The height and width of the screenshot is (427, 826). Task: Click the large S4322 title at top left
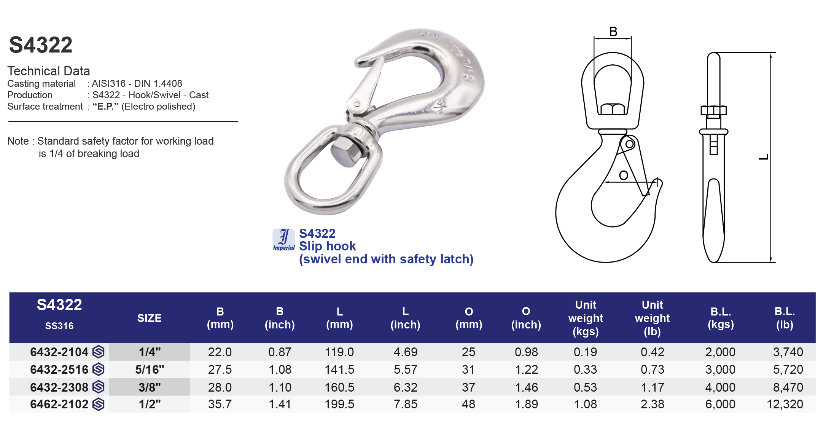click(41, 45)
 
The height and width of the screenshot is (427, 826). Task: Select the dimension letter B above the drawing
click(613, 32)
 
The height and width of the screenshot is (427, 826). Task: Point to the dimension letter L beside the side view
click(764, 157)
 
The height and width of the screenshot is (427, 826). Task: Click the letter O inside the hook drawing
click(624, 175)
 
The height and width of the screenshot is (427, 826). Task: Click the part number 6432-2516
click(59, 370)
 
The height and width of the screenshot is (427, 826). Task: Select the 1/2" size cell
click(150, 404)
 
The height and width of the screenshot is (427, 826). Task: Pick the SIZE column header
click(149, 318)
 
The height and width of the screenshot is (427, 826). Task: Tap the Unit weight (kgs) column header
click(586, 318)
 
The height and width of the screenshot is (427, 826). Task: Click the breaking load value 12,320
click(785, 404)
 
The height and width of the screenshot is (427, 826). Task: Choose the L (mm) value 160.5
click(339, 387)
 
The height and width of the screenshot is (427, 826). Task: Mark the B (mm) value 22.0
click(220, 352)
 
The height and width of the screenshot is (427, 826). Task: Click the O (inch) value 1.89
click(526, 404)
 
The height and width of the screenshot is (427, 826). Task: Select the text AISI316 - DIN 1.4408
click(137, 83)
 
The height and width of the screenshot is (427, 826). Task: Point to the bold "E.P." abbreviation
click(105, 107)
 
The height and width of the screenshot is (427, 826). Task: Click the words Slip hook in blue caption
click(327, 246)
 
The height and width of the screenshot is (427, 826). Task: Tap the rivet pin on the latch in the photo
click(357, 104)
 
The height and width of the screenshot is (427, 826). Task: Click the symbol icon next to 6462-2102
click(99, 404)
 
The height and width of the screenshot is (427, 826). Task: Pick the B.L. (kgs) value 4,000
click(720, 387)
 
